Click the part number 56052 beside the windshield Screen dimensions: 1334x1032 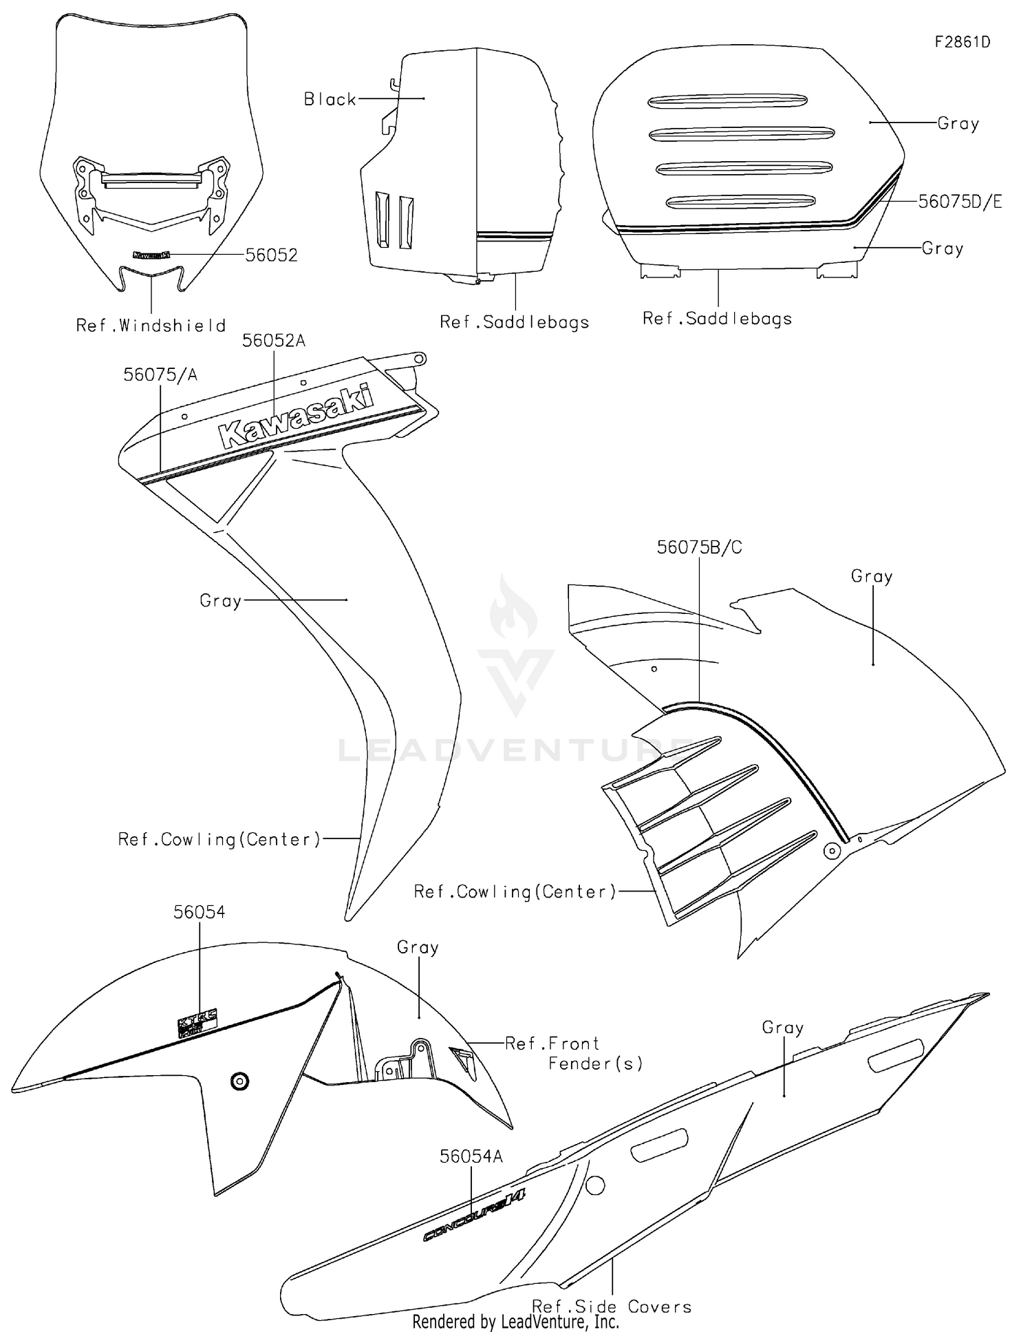coord(271,255)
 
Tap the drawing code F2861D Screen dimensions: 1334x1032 coord(962,42)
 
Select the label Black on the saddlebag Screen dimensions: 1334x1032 coord(330,100)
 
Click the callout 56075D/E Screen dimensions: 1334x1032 coord(960,202)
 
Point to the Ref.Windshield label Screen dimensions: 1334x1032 coord(151,326)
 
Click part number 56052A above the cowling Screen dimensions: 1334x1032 coord(273,341)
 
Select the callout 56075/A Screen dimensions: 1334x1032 coord(160,374)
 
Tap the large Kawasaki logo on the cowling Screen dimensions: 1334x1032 coord(296,417)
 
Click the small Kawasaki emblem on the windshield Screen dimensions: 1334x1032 coord(151,255)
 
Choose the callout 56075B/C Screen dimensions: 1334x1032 coord(699,547)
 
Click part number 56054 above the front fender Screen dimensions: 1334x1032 coord(199,912)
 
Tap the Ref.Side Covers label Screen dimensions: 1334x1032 coord(612,1306)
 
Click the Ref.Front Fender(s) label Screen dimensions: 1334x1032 coord(573,1054)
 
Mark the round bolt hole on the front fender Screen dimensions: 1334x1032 coord(239,1081)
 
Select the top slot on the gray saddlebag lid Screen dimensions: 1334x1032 coord(728,101)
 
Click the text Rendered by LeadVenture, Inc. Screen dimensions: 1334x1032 coord(515,1322)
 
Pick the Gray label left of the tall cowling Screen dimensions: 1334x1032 coord(220,601)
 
